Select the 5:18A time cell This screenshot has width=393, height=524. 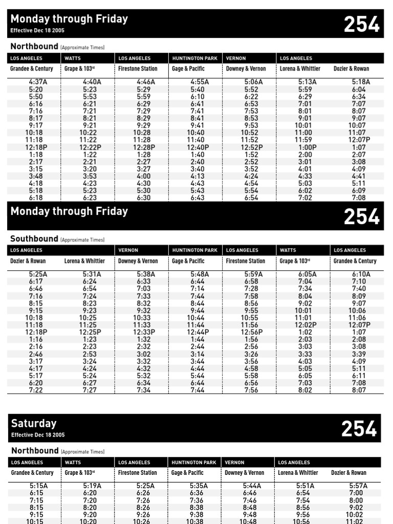[361, 82]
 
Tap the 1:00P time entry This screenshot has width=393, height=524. [307, 147]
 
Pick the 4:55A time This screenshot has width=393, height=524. [200, 82]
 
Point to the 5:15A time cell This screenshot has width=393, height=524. [38, 486]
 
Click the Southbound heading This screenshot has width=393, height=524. [34, 239]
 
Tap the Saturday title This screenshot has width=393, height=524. [34, 424]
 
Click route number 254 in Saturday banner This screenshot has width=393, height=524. [359, 429]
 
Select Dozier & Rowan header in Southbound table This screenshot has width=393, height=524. [28, 261]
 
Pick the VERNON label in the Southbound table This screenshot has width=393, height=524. [128, 250]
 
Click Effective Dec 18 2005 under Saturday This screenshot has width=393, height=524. [38, 435]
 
